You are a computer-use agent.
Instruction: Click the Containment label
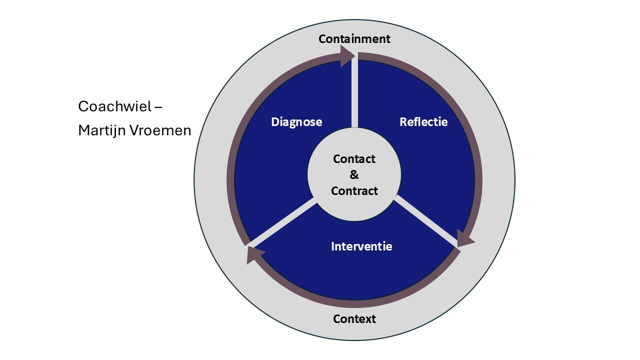point(354,39)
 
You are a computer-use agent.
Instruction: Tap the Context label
point(354,319)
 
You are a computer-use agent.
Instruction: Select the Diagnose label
point(296,122)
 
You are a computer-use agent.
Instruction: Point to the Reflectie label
point(423,121)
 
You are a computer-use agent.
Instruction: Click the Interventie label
point(361,246)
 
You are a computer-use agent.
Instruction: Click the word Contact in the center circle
point(354,159)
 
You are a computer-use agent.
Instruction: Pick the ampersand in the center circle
point(354,174)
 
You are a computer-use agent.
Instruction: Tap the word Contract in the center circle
point(354,191)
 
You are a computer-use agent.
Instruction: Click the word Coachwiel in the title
point(114,106)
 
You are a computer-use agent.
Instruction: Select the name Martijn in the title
point(101,130)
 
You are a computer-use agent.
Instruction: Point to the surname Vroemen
point(160,130)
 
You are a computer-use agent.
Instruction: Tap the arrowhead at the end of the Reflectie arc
point(465,238)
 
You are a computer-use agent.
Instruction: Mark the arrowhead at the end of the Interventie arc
point(255,255)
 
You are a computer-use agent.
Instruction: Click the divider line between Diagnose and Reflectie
point(354,91)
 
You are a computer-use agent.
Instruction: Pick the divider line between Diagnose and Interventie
point(282,222)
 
